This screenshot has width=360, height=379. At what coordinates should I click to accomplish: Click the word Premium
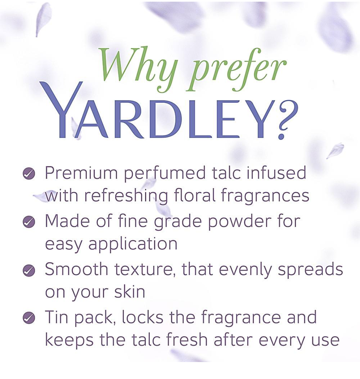click(x=81, y=173)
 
